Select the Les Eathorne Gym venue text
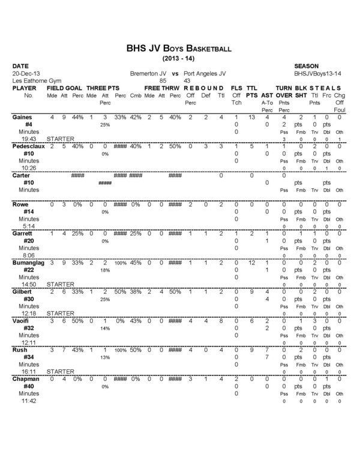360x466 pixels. pos(35,80)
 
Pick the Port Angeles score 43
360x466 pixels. pos(187,80)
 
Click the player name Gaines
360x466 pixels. pos(22,117)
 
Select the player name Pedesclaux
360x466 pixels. pos(28,146)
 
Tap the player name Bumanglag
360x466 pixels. pos(28,263)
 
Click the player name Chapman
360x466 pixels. pos(25,379)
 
